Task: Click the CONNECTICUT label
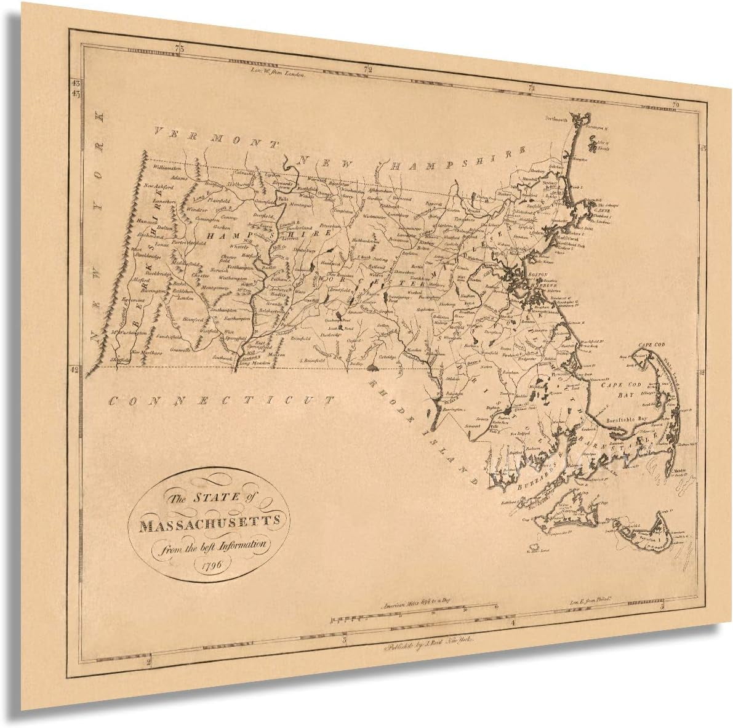point(221,401)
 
